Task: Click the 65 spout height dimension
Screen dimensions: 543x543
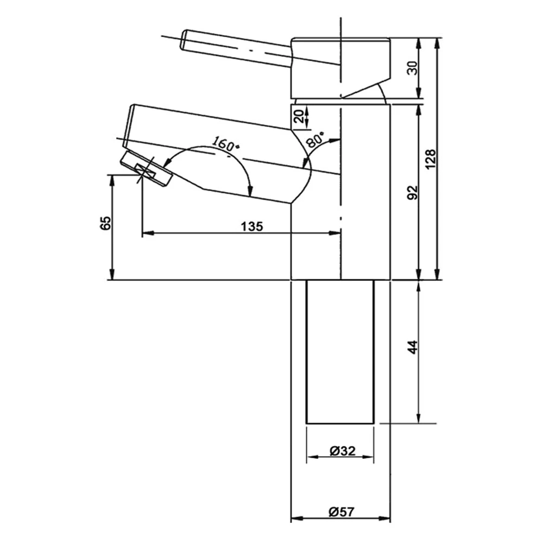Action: click(x=106, y=223)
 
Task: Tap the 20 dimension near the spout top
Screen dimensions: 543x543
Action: click(x=298, y=116)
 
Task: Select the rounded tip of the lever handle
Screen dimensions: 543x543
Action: click(x=185, y=41)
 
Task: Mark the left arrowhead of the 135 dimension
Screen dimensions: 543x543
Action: click(x=146, y=233)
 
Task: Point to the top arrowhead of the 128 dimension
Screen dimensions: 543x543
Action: click(x=437, y=42)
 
